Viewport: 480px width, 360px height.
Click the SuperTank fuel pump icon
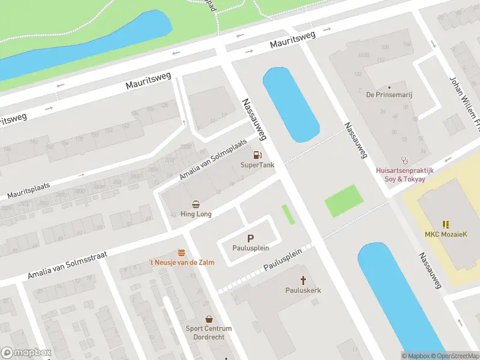click(257, 155)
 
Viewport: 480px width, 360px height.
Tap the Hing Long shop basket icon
click(196, 204)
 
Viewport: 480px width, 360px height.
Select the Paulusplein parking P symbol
click(251, 238)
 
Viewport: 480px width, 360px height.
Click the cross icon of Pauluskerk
click(303, 280)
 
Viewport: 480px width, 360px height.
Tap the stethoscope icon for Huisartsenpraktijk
click(404, 160)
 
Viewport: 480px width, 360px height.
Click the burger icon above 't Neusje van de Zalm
click(181, 253)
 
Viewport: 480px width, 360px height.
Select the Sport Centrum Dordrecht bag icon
click(209, 319)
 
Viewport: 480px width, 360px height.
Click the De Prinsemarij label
click(389, 94)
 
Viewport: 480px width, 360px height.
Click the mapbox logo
click(26, 353)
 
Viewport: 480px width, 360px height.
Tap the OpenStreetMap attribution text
click(457, 356)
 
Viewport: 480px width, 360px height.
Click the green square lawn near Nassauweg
click(344, 201)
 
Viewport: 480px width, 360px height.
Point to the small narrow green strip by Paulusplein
click(288, 214)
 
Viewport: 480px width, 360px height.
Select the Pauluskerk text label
click(303, 290)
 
